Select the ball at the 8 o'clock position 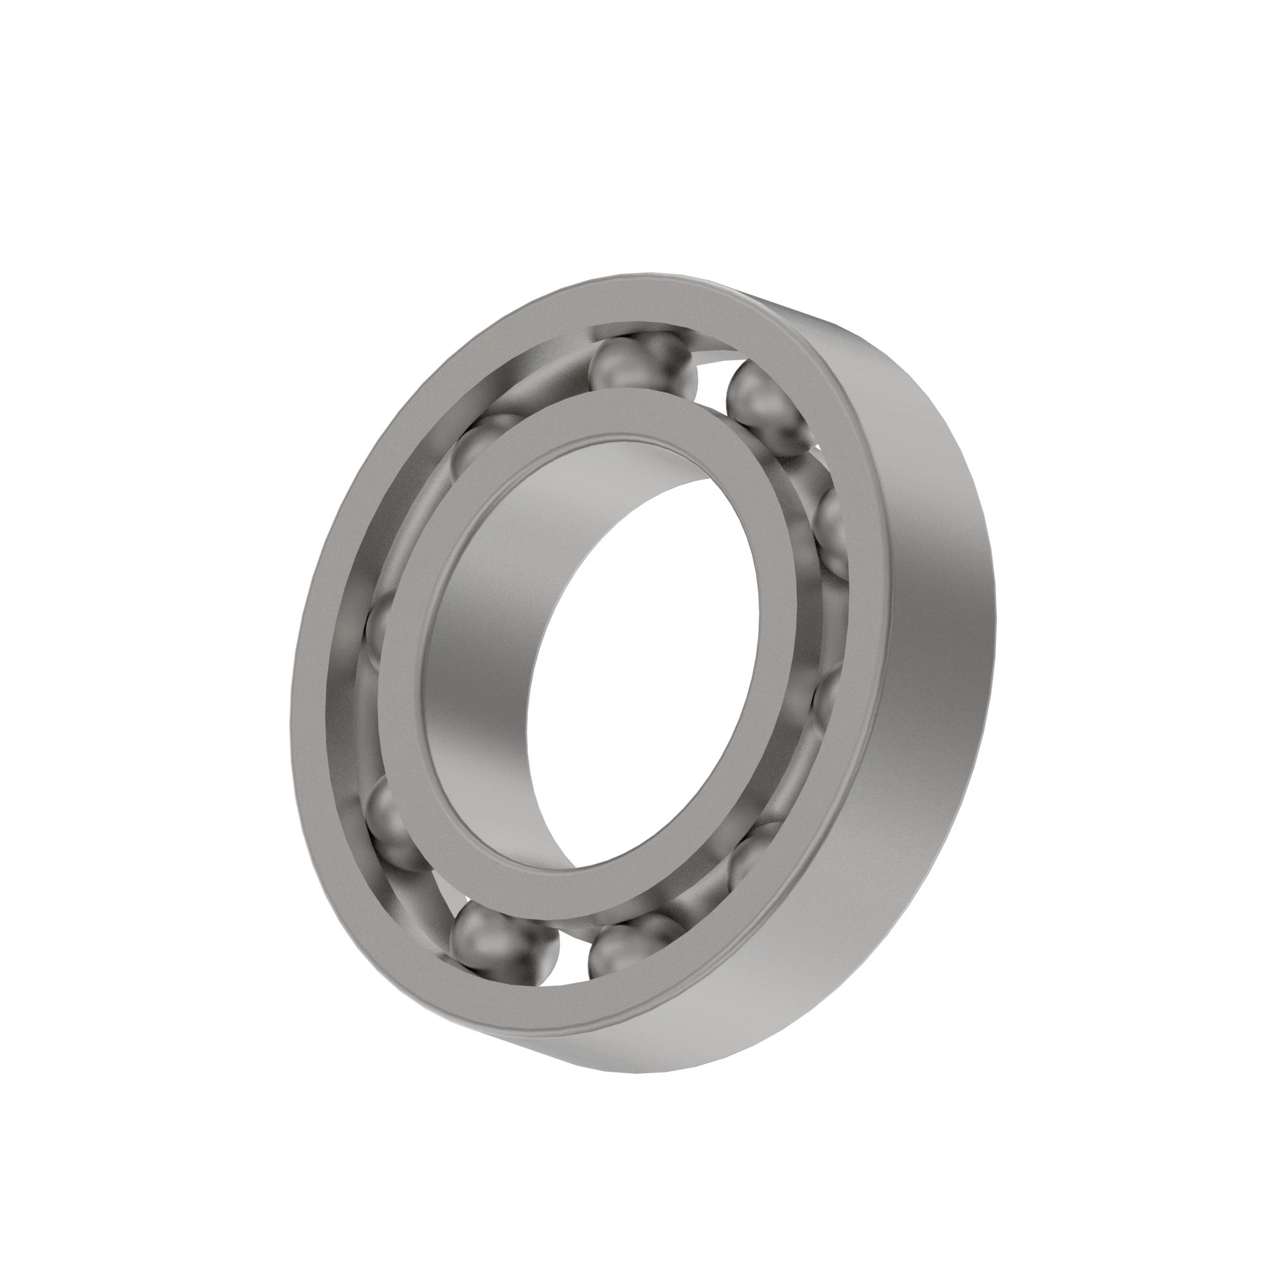tap(392, 823)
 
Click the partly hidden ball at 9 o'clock tap(378, 627)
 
